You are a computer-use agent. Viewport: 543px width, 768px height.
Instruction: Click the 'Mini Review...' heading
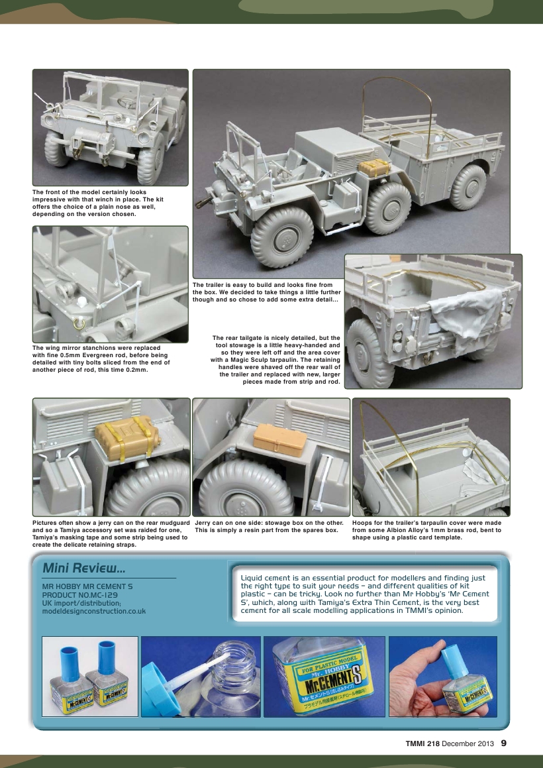tap(83, 569)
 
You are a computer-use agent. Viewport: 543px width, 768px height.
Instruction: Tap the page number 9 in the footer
tap(504, 743)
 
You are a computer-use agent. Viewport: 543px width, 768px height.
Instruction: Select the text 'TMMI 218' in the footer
tap(422, 743)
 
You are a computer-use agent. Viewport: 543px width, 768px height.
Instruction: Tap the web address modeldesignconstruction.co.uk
tap(93, 611)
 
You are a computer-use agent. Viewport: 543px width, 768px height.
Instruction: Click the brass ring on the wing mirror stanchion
tap(78, 323)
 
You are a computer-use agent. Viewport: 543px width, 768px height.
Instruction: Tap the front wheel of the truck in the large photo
tap(282, 236)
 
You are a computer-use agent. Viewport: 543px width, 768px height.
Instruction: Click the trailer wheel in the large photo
tap(468, 187)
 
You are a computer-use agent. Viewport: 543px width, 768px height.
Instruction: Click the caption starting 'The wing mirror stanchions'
tap(101, 358)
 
